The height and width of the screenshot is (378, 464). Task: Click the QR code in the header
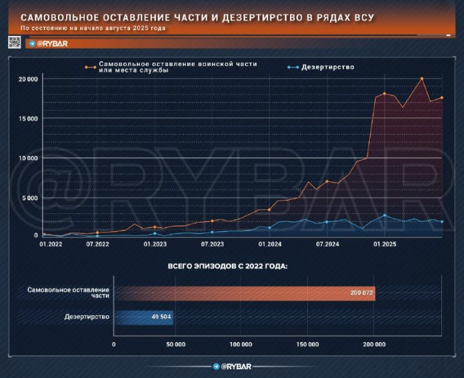[15, 42]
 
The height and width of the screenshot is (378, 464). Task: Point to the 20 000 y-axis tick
[28, 79]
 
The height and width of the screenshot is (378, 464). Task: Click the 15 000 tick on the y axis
[28, 119]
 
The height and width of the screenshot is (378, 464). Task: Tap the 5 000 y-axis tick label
[30, 197]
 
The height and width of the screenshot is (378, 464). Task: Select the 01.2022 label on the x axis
[51, 245]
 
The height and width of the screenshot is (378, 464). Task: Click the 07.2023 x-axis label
[212, 245]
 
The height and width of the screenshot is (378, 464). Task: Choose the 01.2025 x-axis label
[385, 245]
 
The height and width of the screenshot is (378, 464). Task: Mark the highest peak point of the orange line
[422, 79]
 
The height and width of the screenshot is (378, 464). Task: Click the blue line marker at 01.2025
[385, 215]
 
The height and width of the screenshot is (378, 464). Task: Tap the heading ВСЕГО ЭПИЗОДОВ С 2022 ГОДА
[231, 266]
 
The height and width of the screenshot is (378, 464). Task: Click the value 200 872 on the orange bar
[360, 293]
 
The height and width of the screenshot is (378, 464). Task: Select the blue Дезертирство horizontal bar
[144, 317]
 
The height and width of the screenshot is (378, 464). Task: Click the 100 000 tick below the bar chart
[240, 344]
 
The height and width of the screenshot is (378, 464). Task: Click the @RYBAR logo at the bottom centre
[231, 367]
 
